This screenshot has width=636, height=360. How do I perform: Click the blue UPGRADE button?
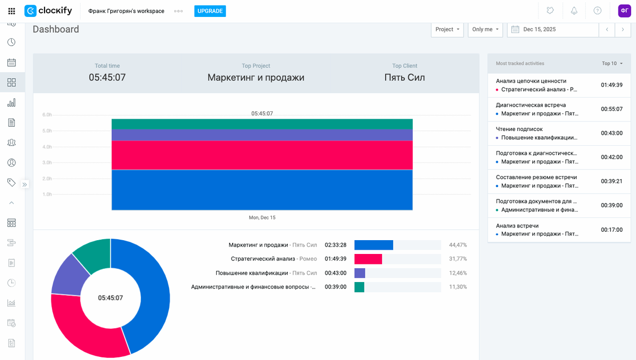(x=210, y=11)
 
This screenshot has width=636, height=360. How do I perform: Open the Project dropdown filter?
(x=447, y=30)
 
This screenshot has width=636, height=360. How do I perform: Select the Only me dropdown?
(x=485, y=30)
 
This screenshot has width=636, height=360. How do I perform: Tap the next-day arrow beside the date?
(x=623, y=30)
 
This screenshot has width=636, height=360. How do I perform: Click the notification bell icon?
(x=574, y=11)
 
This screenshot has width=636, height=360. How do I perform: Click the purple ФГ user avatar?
(x=624, y=11)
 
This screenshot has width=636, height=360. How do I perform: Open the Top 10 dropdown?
(x=612, y=64)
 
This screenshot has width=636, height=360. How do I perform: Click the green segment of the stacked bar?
(x=262, y=124)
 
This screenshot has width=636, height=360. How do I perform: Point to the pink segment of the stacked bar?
(x=262, y=155)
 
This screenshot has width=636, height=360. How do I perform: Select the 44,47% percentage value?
(x=458, y=245)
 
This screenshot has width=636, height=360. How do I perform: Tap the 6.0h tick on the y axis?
(x=47, y=115)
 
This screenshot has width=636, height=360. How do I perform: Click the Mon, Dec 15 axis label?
(x=262, y=218)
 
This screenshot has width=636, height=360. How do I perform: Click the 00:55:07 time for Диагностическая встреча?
(x=611, y=109)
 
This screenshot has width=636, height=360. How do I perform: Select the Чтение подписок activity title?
(x=519, y=129)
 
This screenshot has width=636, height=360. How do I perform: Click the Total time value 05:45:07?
(x=107, y=77)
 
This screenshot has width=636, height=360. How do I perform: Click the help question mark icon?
(x=597, y=11)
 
